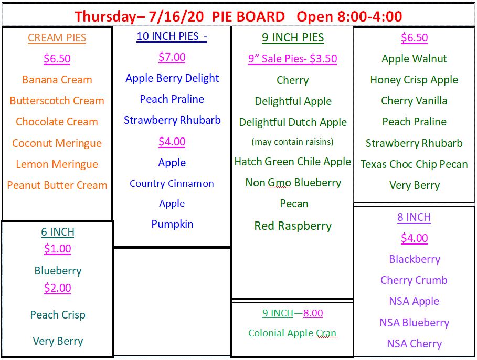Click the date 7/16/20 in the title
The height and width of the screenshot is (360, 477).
176,16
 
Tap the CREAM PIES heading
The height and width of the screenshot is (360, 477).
57,38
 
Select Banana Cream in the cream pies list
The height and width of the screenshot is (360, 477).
57,80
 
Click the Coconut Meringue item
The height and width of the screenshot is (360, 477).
57,143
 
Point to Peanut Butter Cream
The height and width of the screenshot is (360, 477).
57,185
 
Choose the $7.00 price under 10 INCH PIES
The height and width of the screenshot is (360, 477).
172,57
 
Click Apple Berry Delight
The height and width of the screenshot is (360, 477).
172,78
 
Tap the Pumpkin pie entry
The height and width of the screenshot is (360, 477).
172,224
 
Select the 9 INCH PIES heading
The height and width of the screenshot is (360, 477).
293,37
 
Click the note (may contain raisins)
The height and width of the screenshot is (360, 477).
292,142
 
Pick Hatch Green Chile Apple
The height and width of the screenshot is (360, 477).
293,162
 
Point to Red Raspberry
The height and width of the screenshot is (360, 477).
293,226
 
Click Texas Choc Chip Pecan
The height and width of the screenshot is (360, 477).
414,164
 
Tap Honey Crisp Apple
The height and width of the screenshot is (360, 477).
414,80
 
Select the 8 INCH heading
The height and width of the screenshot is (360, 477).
414,217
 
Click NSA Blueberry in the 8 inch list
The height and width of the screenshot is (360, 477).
415,323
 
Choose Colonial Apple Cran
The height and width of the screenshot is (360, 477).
292,333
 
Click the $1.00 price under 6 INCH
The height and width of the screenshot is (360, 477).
58,249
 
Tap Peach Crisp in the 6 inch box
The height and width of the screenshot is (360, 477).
58,315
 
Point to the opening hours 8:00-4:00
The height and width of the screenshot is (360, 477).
370,16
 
